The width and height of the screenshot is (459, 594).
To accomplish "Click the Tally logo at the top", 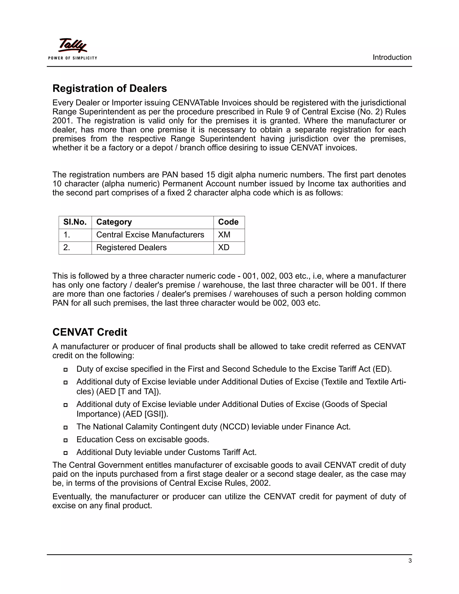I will (x=73, y=46).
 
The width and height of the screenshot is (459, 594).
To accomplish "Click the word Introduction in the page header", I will (x=392, y=57).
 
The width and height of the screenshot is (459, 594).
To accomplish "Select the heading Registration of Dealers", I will (x=110, y=88).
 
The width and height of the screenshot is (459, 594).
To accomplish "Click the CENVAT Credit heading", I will (x=90, y=332).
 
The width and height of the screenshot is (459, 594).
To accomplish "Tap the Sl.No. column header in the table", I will (x=75, y=222).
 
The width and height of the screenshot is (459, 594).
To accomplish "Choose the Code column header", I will (x=228, y=222).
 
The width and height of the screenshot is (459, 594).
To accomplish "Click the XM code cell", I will (x=224, y=235).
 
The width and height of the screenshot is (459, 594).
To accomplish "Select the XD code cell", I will (x=223, y=247).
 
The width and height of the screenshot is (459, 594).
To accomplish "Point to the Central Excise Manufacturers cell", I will (x=150, y=235).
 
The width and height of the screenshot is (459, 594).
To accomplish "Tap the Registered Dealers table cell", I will (x=131, y=247).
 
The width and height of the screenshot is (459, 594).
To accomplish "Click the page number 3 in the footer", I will (x=410, y=561).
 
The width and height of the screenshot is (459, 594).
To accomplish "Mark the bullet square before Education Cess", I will (x=65, y=440).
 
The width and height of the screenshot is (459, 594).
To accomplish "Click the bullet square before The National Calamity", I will (x=65, y=427).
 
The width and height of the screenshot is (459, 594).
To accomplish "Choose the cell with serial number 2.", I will (x=67, y=247).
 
